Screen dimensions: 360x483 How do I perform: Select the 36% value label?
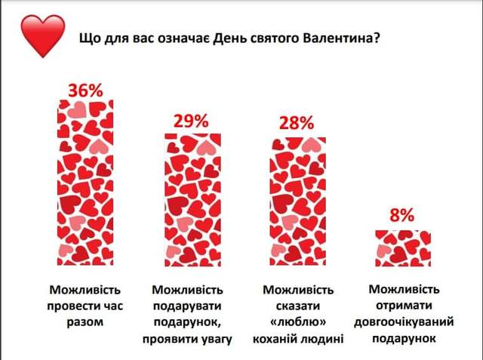coord(85,91)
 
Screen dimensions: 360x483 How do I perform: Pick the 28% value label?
coord(297,124)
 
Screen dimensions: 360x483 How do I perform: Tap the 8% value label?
coord(402,215)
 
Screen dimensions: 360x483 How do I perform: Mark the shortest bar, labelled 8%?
coord(403,245)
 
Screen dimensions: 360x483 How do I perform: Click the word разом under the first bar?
coord(85,322)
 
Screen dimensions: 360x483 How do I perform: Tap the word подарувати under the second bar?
coord(188,306)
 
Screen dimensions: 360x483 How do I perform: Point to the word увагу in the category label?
coord(213,339)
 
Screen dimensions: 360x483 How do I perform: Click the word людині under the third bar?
coord(325,339)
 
